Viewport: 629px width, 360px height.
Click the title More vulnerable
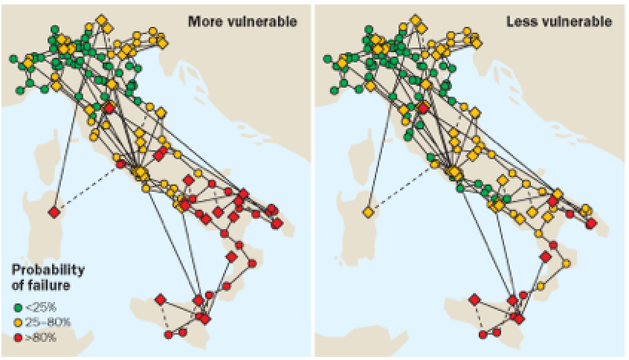242,22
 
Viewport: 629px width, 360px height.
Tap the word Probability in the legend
47,269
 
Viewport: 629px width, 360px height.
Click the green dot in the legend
19,306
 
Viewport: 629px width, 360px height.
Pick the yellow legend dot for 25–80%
19,321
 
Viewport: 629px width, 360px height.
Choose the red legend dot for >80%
19,338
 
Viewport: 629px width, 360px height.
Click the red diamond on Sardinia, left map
54,213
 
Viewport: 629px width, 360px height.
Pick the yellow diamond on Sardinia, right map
367,213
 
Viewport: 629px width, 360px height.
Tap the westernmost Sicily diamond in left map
161,300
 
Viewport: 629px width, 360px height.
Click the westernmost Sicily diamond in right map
474,300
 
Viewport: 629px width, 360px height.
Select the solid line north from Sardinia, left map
66,149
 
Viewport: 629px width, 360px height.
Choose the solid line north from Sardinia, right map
380,149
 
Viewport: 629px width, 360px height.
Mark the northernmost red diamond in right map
423,109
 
